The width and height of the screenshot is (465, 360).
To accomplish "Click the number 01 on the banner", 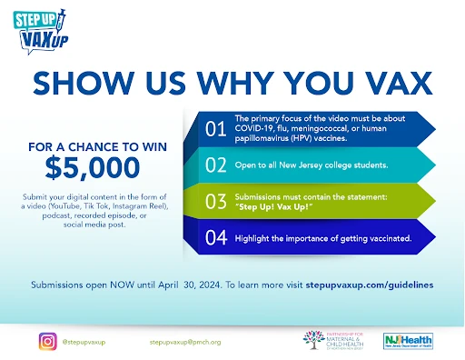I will [214, 129].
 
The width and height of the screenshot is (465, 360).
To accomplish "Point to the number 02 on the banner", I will [214, 165].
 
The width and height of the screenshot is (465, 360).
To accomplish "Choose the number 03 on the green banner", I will [214, 202].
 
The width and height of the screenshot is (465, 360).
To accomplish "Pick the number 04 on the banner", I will [214, 238].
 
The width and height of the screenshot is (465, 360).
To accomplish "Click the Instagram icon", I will [47, 342].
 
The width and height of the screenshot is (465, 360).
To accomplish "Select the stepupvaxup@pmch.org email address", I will [184, 342].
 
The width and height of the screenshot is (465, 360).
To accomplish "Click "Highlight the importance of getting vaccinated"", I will [322, 238].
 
